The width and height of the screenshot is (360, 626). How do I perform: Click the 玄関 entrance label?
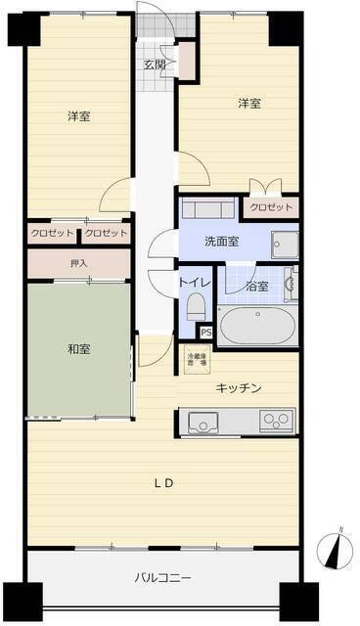pyautogui.click(x=155, y=66)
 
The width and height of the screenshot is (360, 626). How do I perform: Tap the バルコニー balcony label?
pyautogui.click(x=162, y=577)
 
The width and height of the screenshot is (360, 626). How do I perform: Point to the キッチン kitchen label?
pyautogui.click(x=239, y=388)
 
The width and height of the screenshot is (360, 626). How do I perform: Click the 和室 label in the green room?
pyautogui.click(x=79, y=348)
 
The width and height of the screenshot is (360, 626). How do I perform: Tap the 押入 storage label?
pyautogui.click(x=78, y=263)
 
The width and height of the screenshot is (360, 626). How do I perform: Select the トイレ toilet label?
pyautogui.click(x=194, y=283)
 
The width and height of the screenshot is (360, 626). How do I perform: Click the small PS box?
pyautogui.click(x=205, y=333)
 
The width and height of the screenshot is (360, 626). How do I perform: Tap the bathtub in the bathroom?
pyautogui.click(x=255, y=325)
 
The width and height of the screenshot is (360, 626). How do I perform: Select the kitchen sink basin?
pyautogui.click(x=205, y=423)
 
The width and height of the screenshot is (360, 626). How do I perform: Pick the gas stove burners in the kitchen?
pyautogui.click(x=275, y=422)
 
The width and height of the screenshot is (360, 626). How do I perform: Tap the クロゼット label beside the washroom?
pyautogui.click(x=269, y=207)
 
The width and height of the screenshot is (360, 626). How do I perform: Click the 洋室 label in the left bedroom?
pyautogui.click(x=79, y=116)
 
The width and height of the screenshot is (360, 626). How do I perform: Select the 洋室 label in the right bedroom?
pyautogui.click(x=249, y=102)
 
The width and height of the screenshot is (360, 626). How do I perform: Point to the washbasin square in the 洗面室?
pyautogui.click(x=285, y=245)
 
